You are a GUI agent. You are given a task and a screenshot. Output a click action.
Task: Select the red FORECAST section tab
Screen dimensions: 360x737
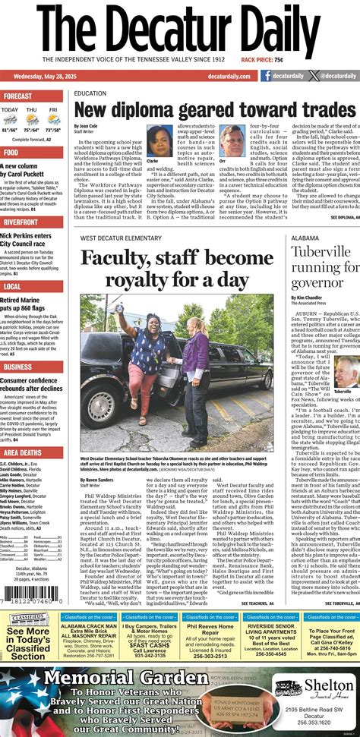point(18,96)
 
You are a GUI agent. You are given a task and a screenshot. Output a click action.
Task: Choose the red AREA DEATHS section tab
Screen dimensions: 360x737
point(22,452)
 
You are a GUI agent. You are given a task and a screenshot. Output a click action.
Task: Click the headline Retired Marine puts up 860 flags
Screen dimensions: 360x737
point(30,303)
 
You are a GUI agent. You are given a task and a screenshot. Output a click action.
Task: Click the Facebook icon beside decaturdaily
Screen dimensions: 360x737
point(266,76)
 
